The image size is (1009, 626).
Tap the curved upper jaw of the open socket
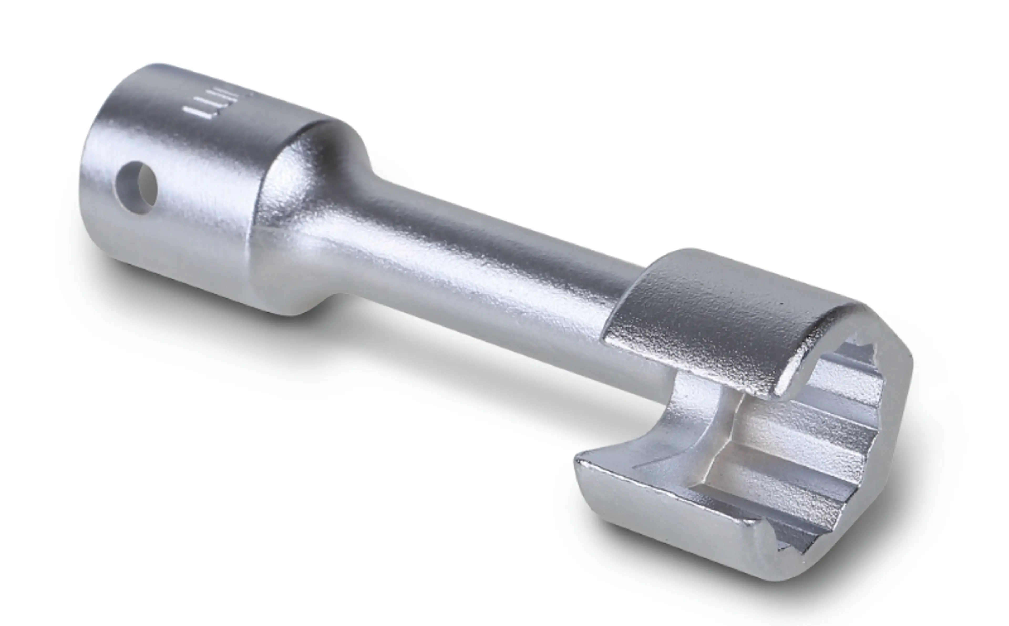[724, 315]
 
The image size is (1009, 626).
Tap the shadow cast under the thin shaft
[455, 364]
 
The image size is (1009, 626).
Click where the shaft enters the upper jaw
[625, 290]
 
